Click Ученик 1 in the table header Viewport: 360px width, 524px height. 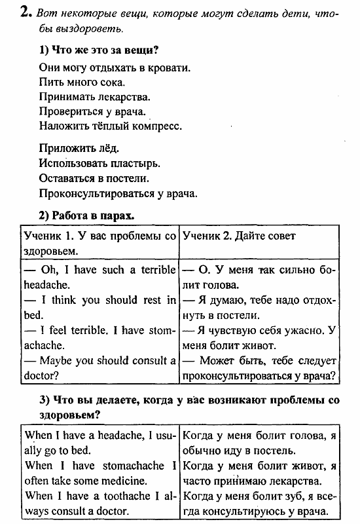[x=51, y=236]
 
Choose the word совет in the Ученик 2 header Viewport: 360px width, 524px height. [x=278, y=236]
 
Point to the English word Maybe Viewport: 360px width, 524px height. [x=58, y=360]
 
